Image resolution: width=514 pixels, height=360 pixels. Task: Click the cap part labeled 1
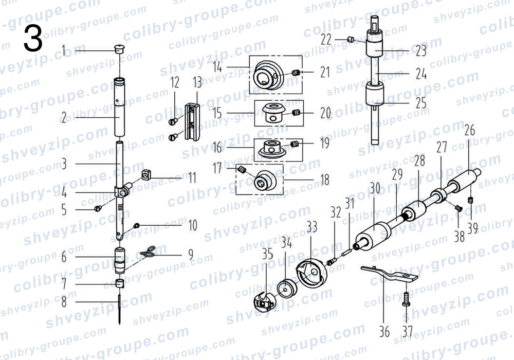120,49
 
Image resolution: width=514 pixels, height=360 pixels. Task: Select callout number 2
64,118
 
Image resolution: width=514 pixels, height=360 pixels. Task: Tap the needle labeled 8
120,310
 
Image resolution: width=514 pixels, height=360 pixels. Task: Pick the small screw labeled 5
98,208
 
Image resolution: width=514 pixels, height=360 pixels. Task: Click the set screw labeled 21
296,73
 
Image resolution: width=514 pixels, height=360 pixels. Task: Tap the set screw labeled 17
242,170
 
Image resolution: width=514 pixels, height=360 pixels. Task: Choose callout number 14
217,67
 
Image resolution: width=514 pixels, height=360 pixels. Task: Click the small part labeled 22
351,40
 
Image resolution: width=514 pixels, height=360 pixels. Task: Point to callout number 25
421,103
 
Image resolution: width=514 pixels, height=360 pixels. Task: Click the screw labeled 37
407,299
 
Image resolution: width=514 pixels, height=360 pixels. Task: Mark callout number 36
384,332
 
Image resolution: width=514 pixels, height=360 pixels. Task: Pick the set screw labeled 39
471,200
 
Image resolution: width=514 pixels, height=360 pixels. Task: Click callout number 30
375,188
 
